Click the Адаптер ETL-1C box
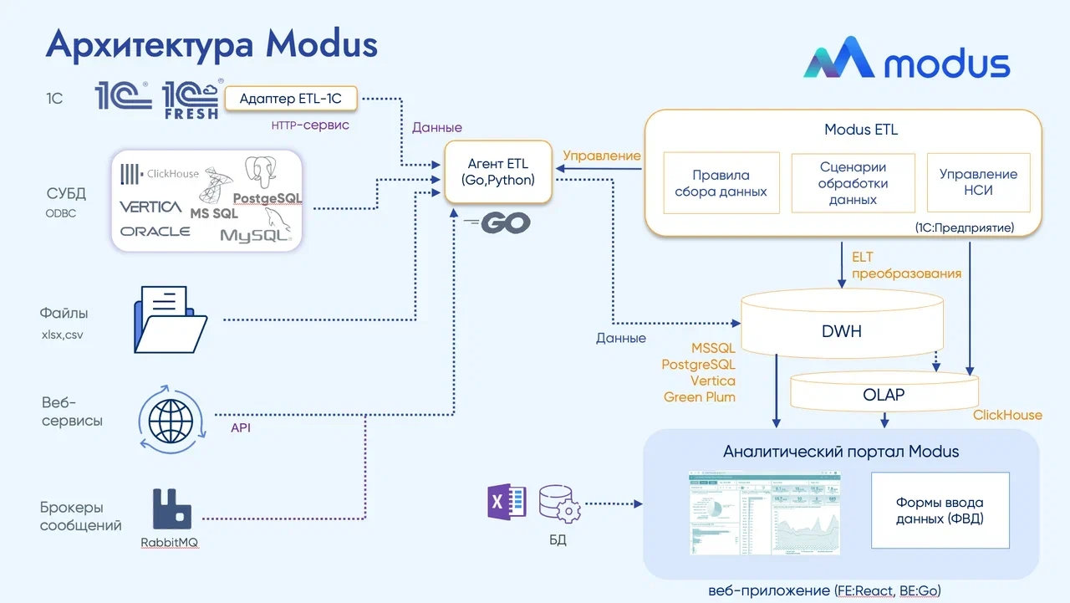click(290, 100)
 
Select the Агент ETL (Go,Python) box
click(498, 172)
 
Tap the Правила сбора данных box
click(721, 183)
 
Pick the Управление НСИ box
click(978, 183)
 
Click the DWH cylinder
click(843, 330)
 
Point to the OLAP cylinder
click(884, 394)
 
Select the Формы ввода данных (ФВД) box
click(940, 510)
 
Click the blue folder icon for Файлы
click(170, 319)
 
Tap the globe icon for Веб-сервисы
click(171, 414)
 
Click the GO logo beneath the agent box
click(498, 222)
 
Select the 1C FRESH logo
click(192, 100)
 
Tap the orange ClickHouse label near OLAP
click(1007, 415)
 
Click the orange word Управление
click(602, 156)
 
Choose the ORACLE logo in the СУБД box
click(155, 231)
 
